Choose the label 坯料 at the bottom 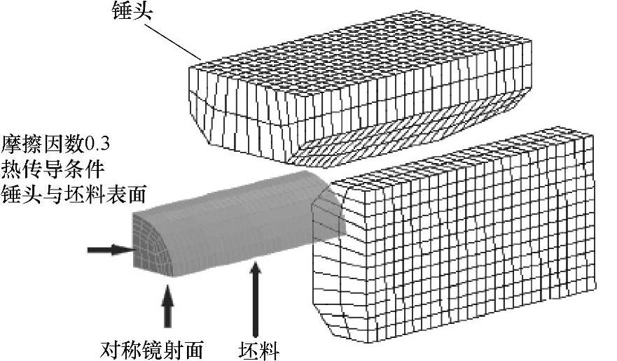click(x=258, y=348)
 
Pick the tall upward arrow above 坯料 click(x=256, y=297)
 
